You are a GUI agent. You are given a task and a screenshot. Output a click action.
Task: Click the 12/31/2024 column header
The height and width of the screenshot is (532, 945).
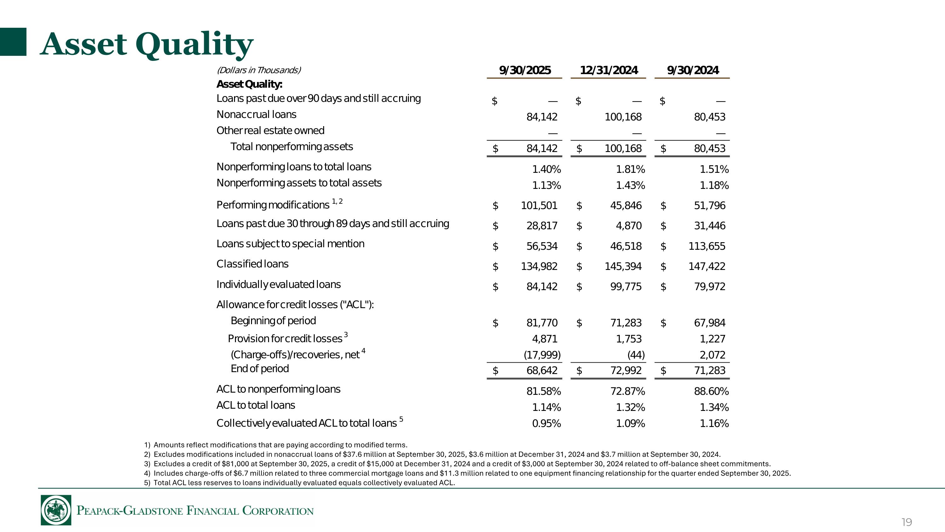[609, 70]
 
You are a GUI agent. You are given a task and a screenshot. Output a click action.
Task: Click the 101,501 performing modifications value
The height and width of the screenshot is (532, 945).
[539, 206]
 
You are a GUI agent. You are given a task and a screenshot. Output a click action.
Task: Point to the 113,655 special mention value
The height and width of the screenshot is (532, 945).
[707, 246]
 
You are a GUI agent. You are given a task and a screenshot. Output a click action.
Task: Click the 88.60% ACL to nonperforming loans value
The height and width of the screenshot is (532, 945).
[711, 391]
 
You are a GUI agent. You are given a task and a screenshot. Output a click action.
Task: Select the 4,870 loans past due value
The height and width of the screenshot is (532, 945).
[628, 226]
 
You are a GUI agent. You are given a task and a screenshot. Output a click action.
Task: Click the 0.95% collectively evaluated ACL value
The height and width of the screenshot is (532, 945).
[546, 424]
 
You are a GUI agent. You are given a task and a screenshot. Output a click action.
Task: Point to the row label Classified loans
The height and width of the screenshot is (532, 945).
[252, 264]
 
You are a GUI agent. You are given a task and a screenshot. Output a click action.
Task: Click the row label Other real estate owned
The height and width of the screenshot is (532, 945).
[270, 131]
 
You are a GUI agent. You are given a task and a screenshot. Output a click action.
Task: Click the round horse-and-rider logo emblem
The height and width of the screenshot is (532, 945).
[56, 510]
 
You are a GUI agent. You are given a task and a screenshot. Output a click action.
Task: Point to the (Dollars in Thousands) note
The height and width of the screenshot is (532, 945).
[259, 70]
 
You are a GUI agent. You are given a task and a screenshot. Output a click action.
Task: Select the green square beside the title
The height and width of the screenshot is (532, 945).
[13, 42]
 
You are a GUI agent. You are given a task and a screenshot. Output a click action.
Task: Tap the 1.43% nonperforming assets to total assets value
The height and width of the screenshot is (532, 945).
[630, 185]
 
